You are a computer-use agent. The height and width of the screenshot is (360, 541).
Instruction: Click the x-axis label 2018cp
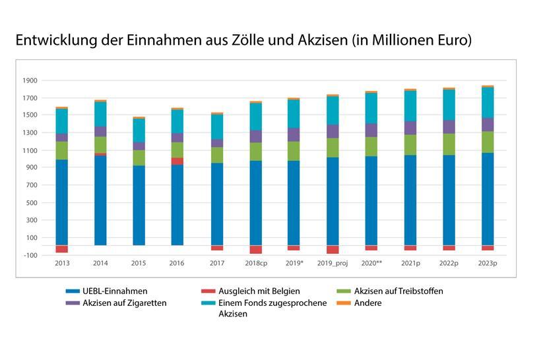[x=255, y=263]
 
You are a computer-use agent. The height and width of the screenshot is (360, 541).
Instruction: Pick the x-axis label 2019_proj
[x=332, y=263]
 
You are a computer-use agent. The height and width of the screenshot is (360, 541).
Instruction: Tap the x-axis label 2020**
[x=371, y=263]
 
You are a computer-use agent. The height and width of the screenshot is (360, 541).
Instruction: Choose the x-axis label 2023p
[x=487, y=263]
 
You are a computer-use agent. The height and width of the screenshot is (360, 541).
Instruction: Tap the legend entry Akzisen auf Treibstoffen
[x=398, y=291]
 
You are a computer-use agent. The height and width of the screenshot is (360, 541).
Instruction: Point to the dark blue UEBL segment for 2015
[x=139, y=205]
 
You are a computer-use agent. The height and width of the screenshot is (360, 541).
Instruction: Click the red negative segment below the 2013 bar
[x=62, y=249]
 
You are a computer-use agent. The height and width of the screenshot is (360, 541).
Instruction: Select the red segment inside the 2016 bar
[x=177, y=161]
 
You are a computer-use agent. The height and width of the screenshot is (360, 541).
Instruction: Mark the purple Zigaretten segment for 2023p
[x=488, y=125]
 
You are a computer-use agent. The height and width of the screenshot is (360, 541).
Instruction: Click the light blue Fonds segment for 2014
[x=101, y=114]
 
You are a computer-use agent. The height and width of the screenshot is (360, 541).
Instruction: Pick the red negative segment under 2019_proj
[x=333, y=250]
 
